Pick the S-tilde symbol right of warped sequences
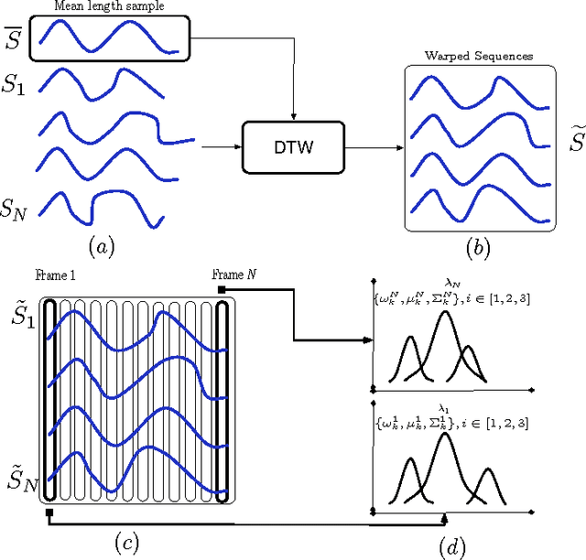(574, 142)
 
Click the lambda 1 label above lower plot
(446, 410)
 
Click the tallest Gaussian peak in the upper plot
(445, 315)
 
